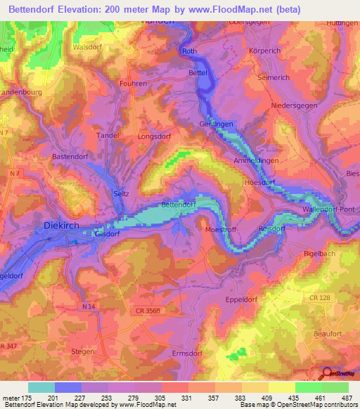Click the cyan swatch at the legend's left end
(41, 387)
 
